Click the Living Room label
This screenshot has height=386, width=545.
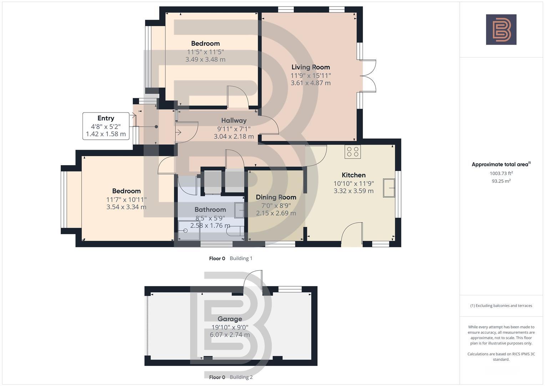pos(311,67)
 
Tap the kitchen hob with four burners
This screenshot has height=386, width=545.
pos(353,152)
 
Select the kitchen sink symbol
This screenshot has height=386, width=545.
pos(389,188)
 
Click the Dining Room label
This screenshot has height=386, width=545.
pos(276,197)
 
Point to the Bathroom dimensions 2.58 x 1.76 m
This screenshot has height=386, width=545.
pos(210,226)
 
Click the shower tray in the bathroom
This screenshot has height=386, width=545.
pos(189,231)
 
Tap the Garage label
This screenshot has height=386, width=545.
pos(229,319)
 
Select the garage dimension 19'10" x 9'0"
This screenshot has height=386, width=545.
pos(229,327)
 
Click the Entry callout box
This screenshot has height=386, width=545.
pos(106,126)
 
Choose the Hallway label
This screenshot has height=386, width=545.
pos(234,120)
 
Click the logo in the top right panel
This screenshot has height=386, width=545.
pos(501,30)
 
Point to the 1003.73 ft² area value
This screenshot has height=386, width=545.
pos(501,173)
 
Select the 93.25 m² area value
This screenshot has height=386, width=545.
pos(501,181)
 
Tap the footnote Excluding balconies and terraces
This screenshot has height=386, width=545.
pos(501,306)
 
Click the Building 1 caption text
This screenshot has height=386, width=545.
pos(241,258)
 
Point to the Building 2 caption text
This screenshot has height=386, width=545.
pos(241,377)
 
